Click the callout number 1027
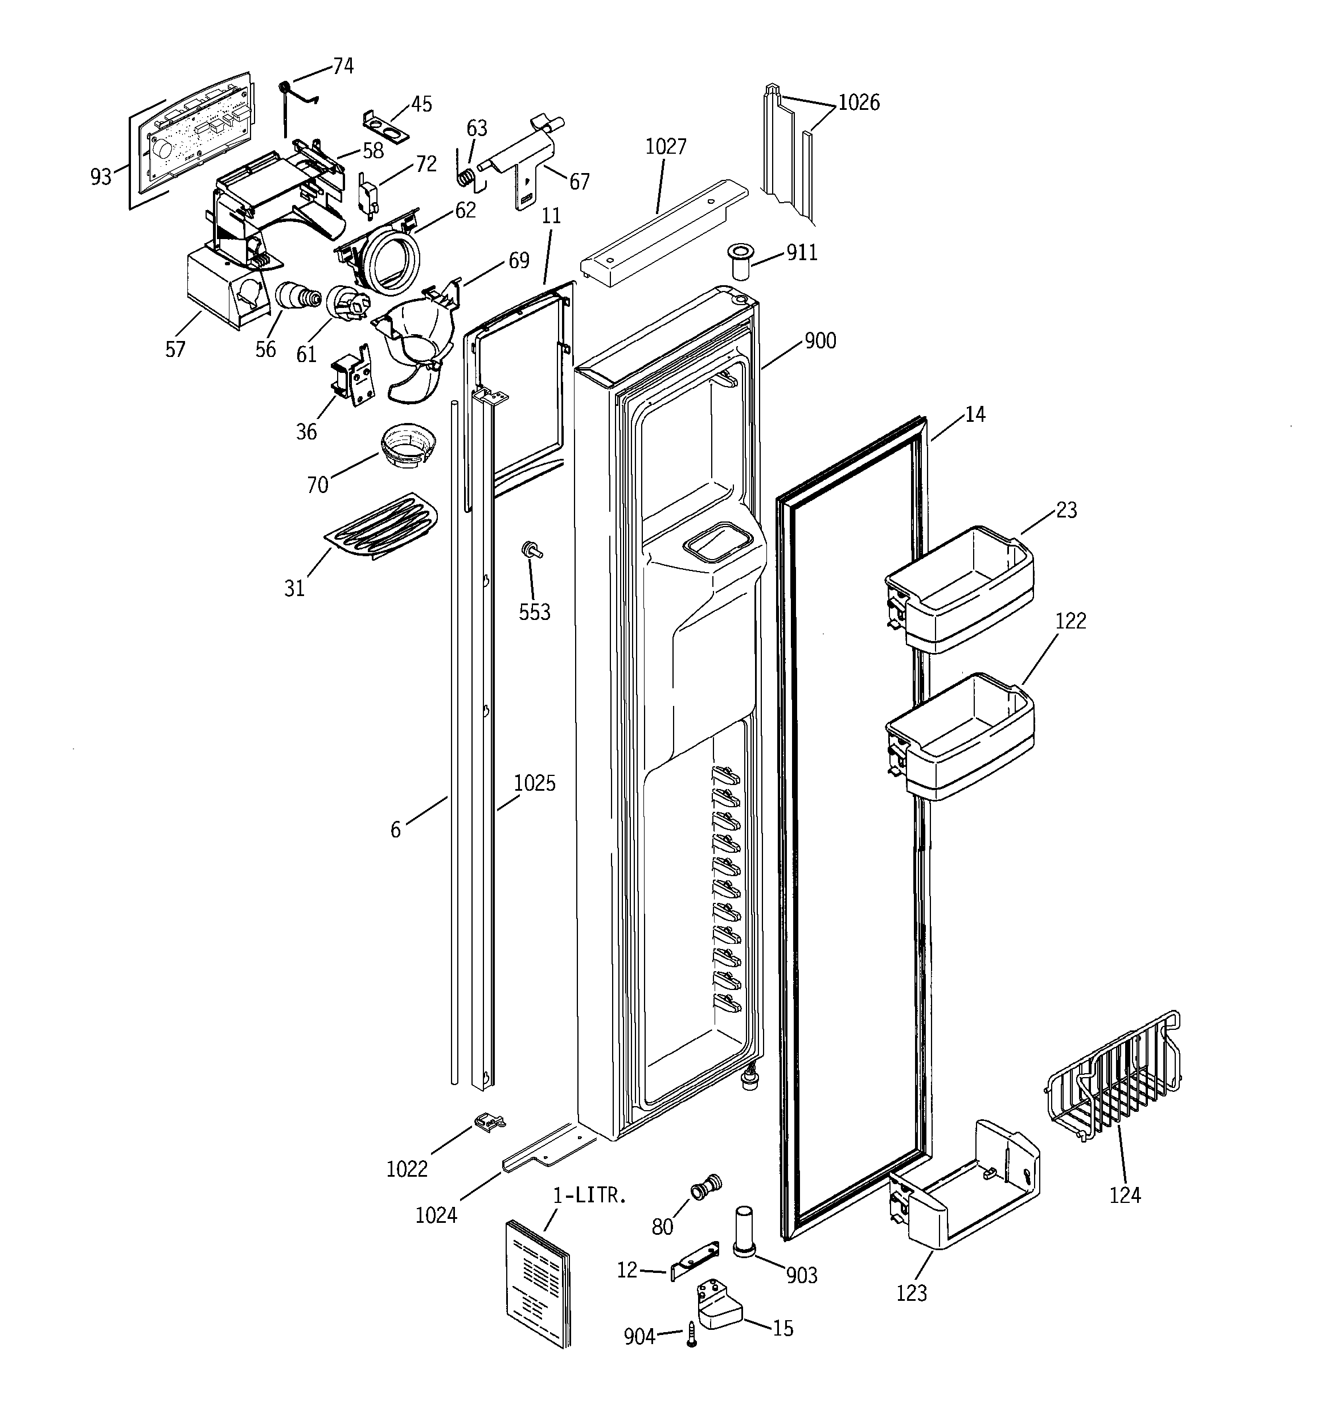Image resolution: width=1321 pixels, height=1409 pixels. click(x=665, y=147)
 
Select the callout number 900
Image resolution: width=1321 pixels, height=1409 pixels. click(x=820, y=341)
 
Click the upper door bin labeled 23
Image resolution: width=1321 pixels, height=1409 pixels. click(x=959, y=588)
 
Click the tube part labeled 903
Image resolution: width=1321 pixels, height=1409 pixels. click(x=742, y=1230)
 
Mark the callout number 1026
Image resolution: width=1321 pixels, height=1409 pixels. click(x=858, y=103)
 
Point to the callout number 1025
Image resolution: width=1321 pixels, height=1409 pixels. click(x=534, y=783)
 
